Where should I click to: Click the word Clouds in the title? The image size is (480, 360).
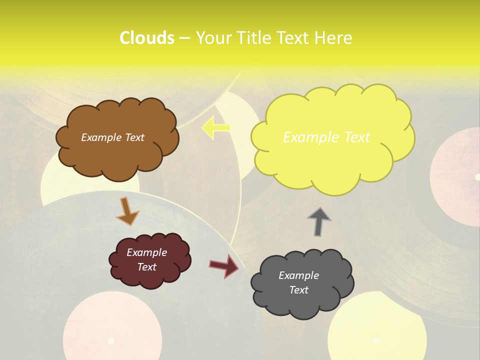(146, 38)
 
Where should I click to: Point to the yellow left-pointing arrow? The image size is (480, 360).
(215, 128)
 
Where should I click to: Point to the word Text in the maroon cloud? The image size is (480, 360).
(147, 267)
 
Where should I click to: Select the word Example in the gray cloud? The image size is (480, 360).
(298, 275)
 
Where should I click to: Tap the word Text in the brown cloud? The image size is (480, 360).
(134, 137)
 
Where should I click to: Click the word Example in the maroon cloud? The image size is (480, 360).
(147, 252)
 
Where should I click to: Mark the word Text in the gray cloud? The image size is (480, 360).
(298, 290)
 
